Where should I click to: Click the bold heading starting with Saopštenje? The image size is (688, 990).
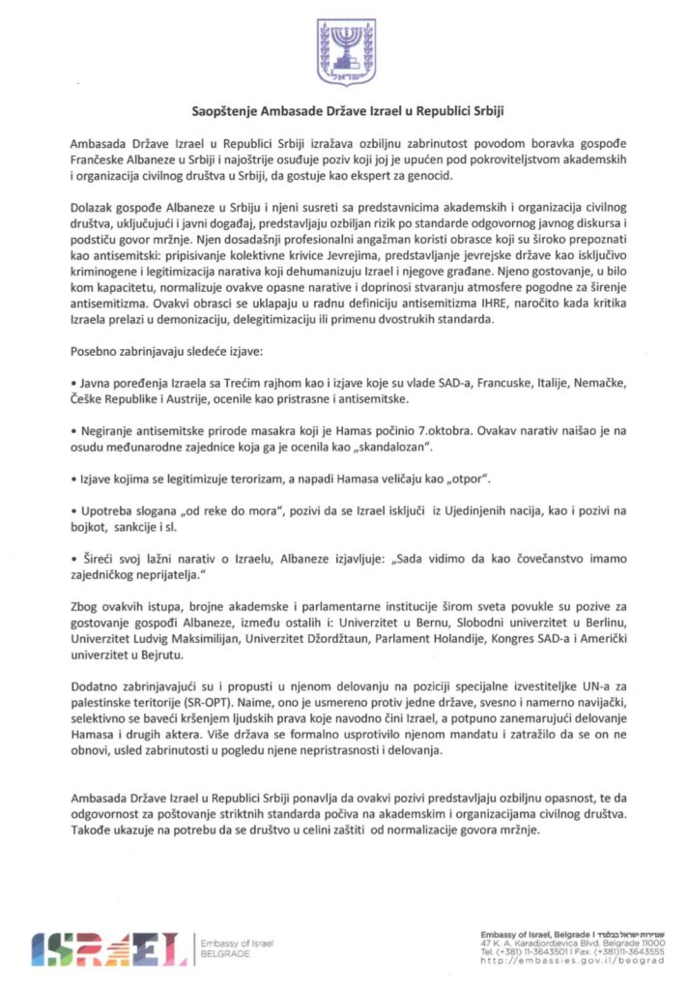[343, 110]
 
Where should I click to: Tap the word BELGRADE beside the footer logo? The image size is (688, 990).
[226, 953]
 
